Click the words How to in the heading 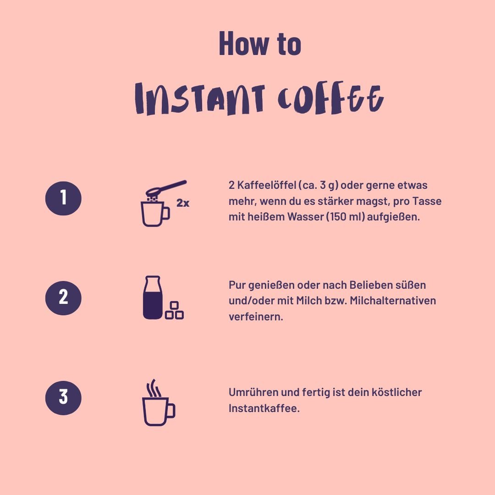tap(259, 44)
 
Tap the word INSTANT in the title tap(200, 99)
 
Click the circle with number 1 tap(63, 198)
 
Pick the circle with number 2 tap(63, 297)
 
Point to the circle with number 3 tap(63, 397)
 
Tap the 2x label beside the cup tap(183, 203)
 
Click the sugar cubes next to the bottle tap(174, 311)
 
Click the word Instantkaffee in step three tap(264, 408)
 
